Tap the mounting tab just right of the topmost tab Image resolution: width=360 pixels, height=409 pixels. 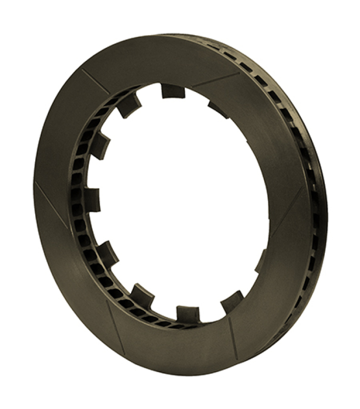[x=219, y=109]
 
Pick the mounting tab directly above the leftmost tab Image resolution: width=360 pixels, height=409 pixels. [x=101, y=145]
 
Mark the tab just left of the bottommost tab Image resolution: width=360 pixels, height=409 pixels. [x=142, y=296]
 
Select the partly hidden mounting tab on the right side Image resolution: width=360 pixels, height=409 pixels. [x=261, y=260]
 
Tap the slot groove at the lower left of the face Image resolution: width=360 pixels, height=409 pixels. [x=115, y=327]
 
